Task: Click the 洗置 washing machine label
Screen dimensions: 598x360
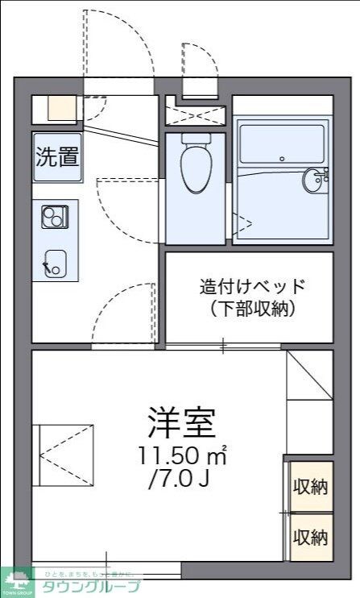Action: pyautogui.click(x=56, y=156)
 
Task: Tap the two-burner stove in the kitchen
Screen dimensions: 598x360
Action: pyautogui.click(x=55, y=217)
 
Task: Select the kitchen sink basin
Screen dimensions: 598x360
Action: pyautogui.click(x=55, y=261)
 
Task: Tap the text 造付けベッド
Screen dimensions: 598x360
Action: pyautogui.click(x=253, y=287)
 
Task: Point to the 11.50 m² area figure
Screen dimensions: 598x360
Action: pyautogui.click(x=181, y=457)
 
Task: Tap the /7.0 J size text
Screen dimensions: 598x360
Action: pyautogui.click(x=179, y=483)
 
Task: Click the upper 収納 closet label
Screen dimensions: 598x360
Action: pyautogui.click(x=310, y=486)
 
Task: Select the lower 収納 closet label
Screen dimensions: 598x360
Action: pyautogui.click(x=310, y=537)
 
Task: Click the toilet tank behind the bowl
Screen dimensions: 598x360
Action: pyautogui.click(x=194, y=139)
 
